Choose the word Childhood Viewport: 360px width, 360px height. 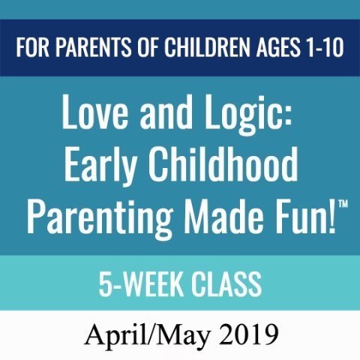coord(223,164)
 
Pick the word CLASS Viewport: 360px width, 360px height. coord(226,284)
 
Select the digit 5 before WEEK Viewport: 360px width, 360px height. coord(104,284)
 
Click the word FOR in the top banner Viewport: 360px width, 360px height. coord(32,47)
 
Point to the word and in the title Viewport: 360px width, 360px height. coord(166,112)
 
